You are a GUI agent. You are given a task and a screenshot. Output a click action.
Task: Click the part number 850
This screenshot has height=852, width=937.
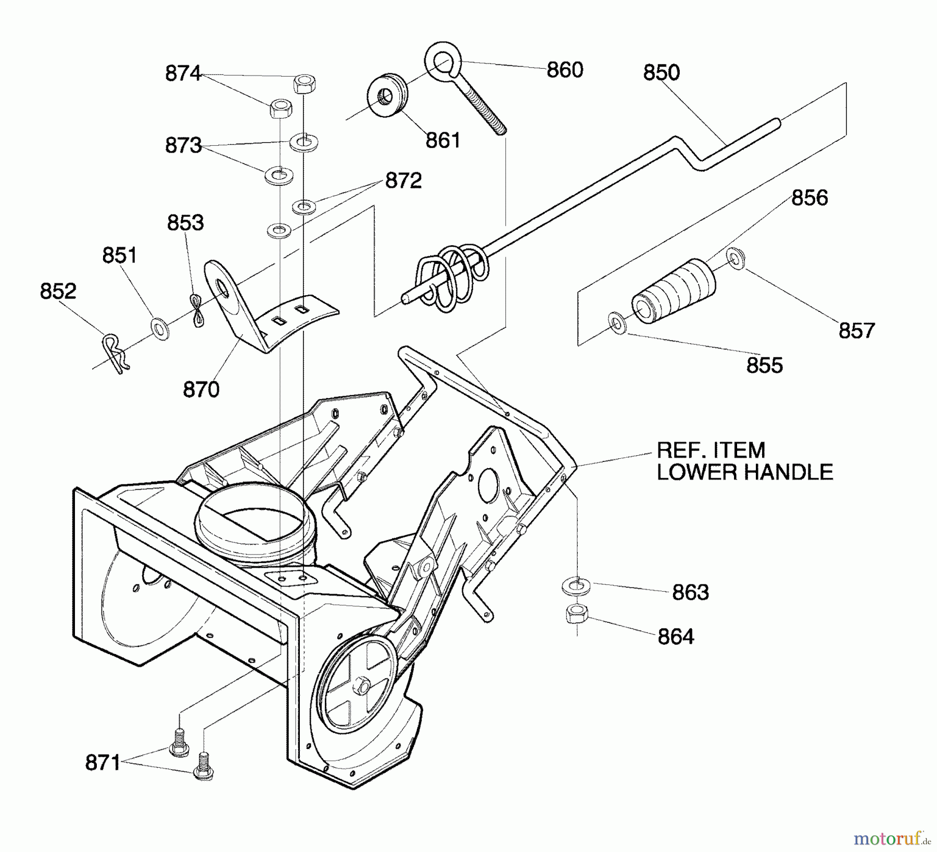coord(661,72)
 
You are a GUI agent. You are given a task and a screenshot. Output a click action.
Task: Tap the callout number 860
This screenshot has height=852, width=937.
coord(565,70)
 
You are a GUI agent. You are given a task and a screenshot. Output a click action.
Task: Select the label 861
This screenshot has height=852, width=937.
coord(443,140)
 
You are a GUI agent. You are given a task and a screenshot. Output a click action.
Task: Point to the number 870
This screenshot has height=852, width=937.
coord(201,390)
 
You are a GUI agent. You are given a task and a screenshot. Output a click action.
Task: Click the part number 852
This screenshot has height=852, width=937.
coord(58,291)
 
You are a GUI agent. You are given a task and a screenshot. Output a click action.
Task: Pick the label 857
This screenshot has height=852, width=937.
coord(857,331)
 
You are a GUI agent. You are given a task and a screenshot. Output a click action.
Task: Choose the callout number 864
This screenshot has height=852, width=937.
coord(676,636)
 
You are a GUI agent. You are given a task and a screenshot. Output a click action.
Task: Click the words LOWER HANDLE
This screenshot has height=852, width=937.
coord(744,472)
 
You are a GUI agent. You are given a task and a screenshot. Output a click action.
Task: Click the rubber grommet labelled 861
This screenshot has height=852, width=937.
coord(387,96)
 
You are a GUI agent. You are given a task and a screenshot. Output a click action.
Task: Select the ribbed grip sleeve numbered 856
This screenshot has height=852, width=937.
coord(673,292)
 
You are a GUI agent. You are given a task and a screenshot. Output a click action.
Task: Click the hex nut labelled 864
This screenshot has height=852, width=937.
coord(576,613)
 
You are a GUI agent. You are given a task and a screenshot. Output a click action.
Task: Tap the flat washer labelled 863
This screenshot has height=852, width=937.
coord(576,585)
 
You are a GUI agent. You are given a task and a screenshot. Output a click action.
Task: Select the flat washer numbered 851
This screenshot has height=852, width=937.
coord(159,328)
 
